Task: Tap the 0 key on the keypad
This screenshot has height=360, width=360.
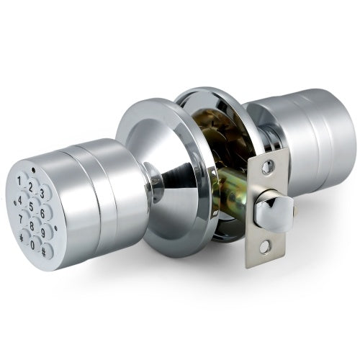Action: [33, 245]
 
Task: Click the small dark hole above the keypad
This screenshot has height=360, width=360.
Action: [34, 171]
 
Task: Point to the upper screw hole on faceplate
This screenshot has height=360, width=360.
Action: [268, 168]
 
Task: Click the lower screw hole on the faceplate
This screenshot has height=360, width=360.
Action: [264, 247]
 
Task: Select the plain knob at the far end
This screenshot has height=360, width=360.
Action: [317, 130]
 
